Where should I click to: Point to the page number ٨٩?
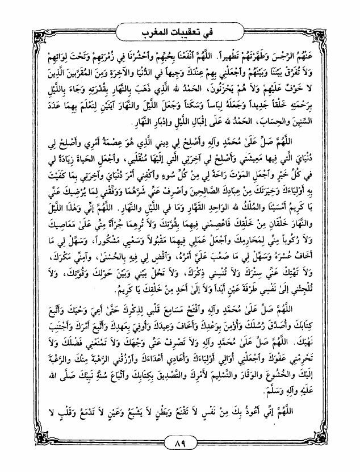point(179,443)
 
